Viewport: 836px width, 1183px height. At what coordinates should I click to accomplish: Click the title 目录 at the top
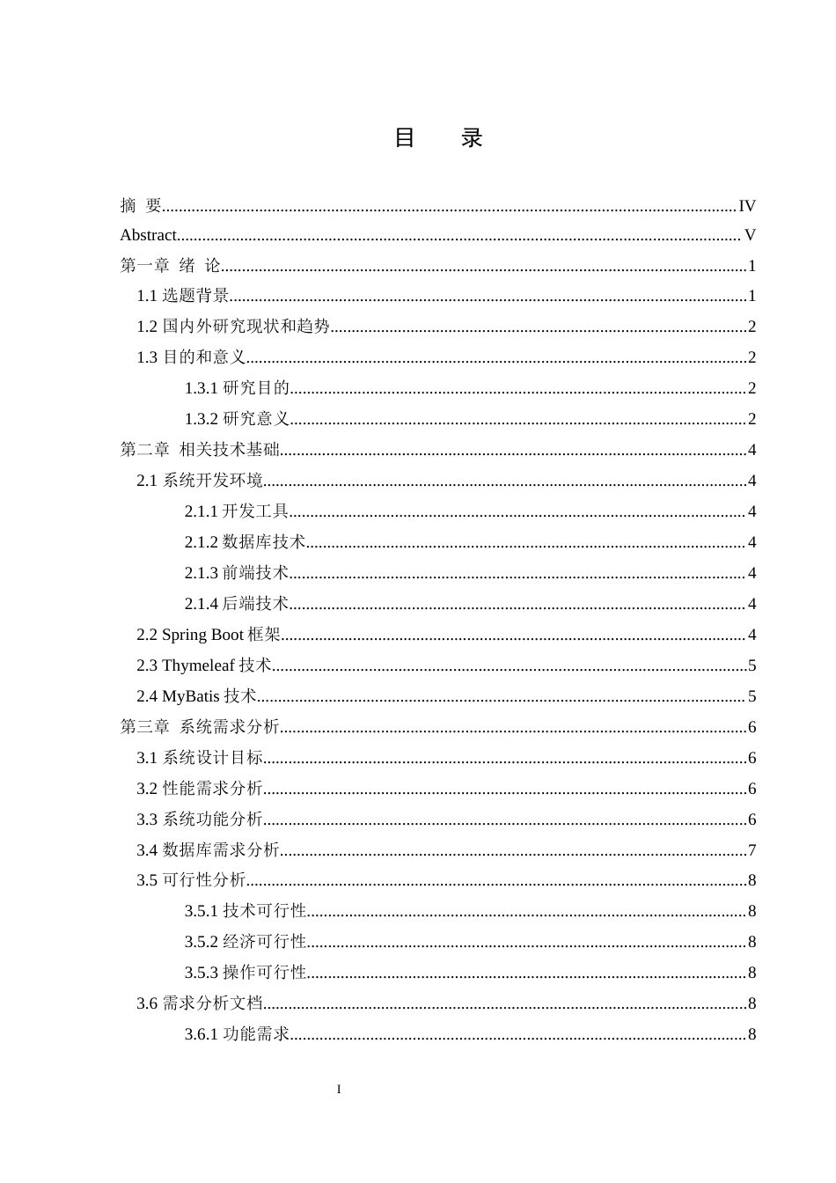tap(437, 138)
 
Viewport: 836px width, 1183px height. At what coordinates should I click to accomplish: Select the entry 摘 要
tap(141, 206)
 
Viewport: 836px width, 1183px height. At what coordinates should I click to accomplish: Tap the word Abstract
tap(148, 235)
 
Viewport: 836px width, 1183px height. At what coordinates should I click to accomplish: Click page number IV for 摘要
tap(747, 206)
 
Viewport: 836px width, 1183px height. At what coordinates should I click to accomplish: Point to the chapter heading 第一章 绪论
tap(170, 266)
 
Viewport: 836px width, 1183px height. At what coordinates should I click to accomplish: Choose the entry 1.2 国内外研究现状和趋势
tap(233, 327)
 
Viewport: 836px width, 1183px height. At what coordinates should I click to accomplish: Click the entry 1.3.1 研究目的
tap(237, 388)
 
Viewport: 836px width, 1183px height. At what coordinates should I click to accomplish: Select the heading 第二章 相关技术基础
tap(200, 450)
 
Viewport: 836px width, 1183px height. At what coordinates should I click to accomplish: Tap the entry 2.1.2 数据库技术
tap(245, 542)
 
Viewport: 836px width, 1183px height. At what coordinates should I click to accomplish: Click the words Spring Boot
tap(203, 635)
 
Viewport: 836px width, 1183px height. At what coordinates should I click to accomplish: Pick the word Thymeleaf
tap(198, 665)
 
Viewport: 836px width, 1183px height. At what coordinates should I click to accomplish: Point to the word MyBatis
tap(191, 696)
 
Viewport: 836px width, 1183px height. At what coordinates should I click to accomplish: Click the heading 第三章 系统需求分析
tap(200, 727)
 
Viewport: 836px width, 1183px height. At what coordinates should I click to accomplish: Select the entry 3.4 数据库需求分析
tap(208, 850)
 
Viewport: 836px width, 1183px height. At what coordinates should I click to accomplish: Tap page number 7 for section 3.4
tap(752, 850)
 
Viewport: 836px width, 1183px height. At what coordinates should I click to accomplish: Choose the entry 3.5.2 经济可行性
tap(246, 942)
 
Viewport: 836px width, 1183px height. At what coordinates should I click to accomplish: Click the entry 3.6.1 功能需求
tap(237, 1034)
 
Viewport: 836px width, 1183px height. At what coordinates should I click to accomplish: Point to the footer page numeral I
tap(339, 1090)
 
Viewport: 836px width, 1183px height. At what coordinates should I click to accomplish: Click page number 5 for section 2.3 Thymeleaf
tap(752, 665)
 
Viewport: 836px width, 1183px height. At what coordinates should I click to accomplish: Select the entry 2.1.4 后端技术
tap(237, 604)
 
